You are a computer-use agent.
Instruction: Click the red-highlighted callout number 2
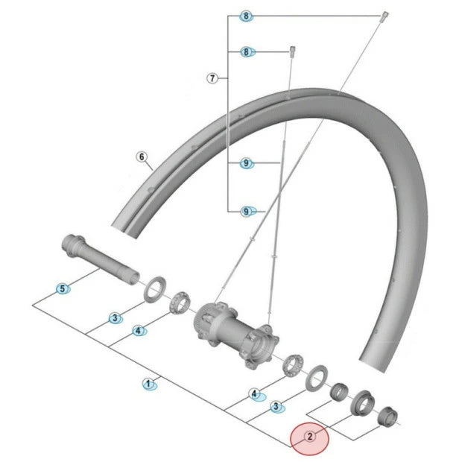309,437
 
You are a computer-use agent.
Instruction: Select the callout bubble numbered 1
149,384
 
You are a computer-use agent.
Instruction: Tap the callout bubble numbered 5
63,288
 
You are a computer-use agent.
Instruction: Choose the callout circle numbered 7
212,77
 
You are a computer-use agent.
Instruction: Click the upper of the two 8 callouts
247,16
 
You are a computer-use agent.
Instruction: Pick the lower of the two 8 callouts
247,51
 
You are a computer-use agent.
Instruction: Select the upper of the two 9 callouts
247,162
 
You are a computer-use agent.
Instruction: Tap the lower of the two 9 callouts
247,212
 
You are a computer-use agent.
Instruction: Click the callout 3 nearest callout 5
115,318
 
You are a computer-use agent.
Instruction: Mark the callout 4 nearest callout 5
138,330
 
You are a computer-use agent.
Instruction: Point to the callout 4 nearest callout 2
255,393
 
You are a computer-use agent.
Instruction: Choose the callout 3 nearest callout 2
277,407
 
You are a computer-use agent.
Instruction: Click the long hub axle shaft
100,257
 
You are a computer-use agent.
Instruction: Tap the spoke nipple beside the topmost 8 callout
385,16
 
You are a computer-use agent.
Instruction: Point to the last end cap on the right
387,415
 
